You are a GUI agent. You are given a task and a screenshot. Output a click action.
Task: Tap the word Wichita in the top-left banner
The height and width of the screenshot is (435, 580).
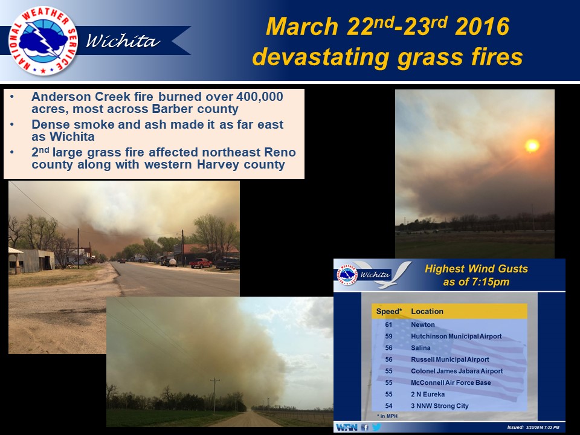coord(123,42)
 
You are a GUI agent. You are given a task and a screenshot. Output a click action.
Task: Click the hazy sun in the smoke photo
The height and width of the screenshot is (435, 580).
coord(532,145)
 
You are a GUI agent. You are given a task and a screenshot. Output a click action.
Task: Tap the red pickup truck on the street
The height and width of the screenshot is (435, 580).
coord(201,263)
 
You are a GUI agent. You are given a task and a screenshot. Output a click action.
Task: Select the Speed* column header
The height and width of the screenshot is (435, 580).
coord(389,312)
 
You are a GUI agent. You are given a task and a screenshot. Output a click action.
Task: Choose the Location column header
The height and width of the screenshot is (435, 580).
coord(427,312)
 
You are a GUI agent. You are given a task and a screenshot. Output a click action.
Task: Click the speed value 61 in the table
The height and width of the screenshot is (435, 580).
coord(388,325)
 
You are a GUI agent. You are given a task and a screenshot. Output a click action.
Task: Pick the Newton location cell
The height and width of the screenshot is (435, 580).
coord(423,325)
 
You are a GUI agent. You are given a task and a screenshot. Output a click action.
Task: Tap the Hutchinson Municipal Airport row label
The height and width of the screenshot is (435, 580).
coord(456,337)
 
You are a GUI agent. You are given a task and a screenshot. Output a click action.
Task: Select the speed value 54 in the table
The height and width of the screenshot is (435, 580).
coord(388,406)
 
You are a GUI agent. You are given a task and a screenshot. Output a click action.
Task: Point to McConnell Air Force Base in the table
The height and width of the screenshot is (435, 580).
coord(451,382)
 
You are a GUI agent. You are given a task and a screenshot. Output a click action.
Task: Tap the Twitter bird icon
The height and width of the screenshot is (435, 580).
coord(375,427)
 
